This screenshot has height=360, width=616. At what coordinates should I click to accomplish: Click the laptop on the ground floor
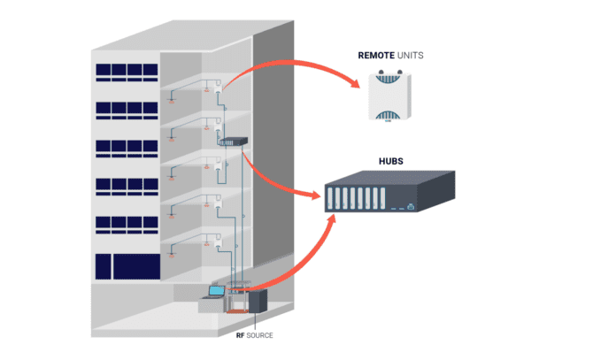coord(215,291)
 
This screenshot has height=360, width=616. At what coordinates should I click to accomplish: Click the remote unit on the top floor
coord(216,87)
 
